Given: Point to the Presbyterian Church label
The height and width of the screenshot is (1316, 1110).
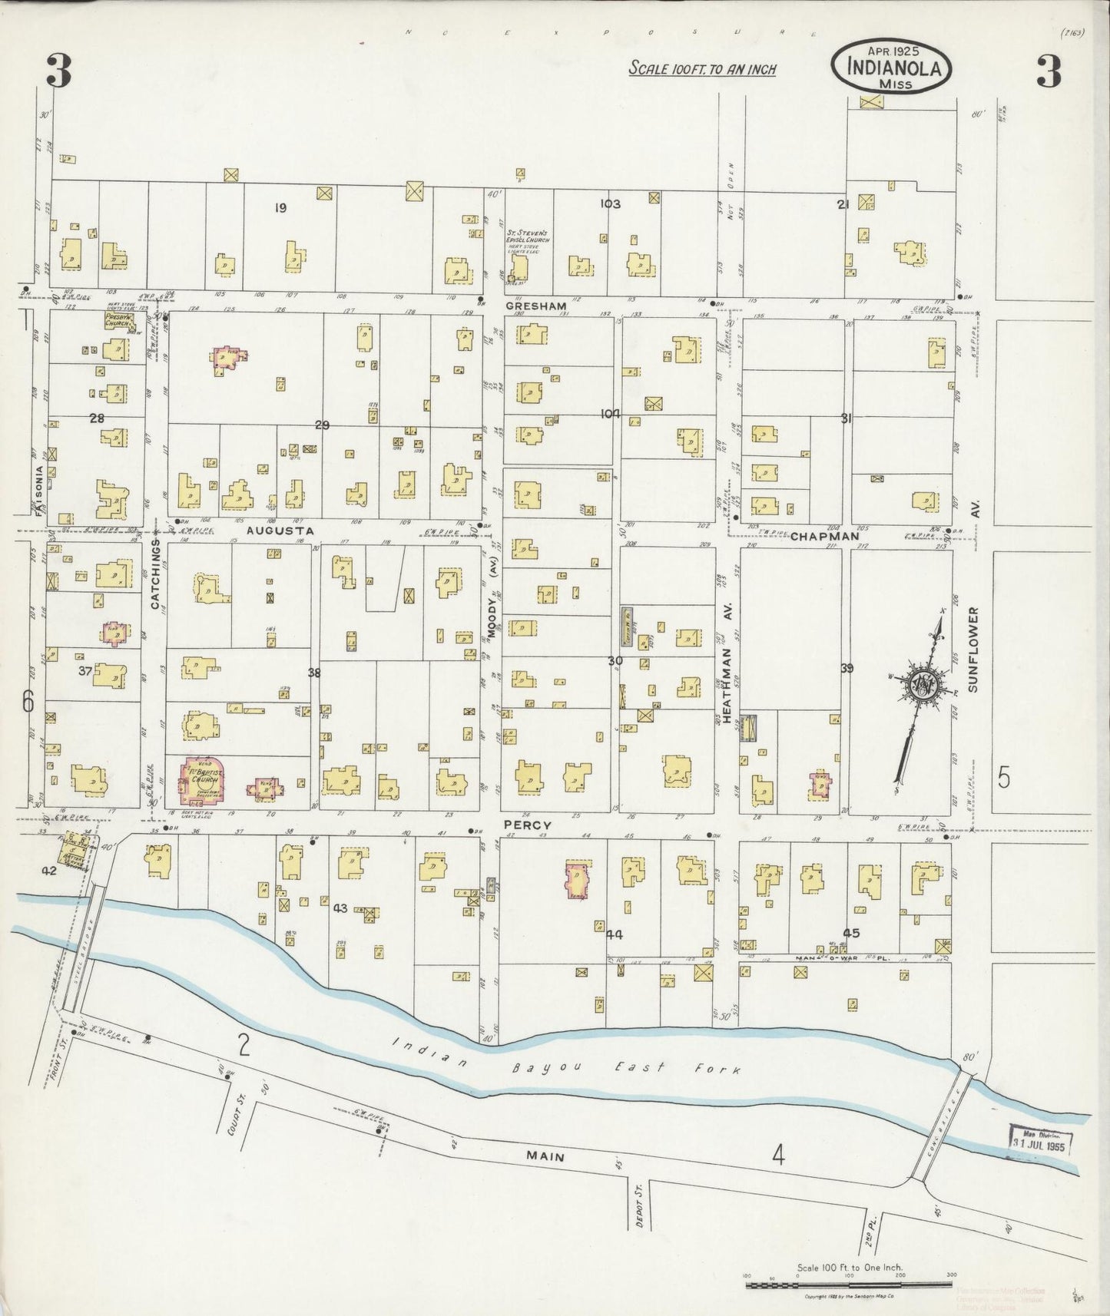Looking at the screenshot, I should click(120, 319).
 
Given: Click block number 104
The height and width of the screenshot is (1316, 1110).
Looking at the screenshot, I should click(611, 414).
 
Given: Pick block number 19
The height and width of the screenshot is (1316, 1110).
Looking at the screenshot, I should click(280, 207).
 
